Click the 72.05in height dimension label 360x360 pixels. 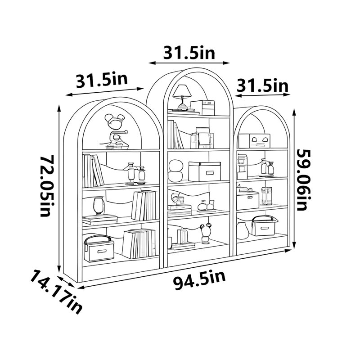coord(48,185)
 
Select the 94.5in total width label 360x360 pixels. coord(199,280)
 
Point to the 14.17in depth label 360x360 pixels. coord(56,291)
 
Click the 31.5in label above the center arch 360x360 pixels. coord(189,53)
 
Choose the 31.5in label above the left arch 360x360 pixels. coord(102,81)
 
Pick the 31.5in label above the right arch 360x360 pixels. coord(262,85)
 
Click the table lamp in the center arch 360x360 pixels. coord(182,97)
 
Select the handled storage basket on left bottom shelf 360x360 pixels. coord(99,248)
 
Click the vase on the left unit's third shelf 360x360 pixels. coord(99,206)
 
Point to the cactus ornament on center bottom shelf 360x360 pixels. coord(206,234)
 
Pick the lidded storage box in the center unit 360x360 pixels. coord(204,171)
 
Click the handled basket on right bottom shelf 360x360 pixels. coord(264,225)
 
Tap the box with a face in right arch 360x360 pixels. coord(260,141)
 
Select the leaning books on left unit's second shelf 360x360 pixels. coord(93,171)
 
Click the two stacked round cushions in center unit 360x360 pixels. coord(175,171)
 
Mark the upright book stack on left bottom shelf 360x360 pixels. coord(139,243)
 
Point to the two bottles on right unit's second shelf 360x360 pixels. coord(267,167)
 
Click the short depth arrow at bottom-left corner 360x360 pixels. coord(66,282)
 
